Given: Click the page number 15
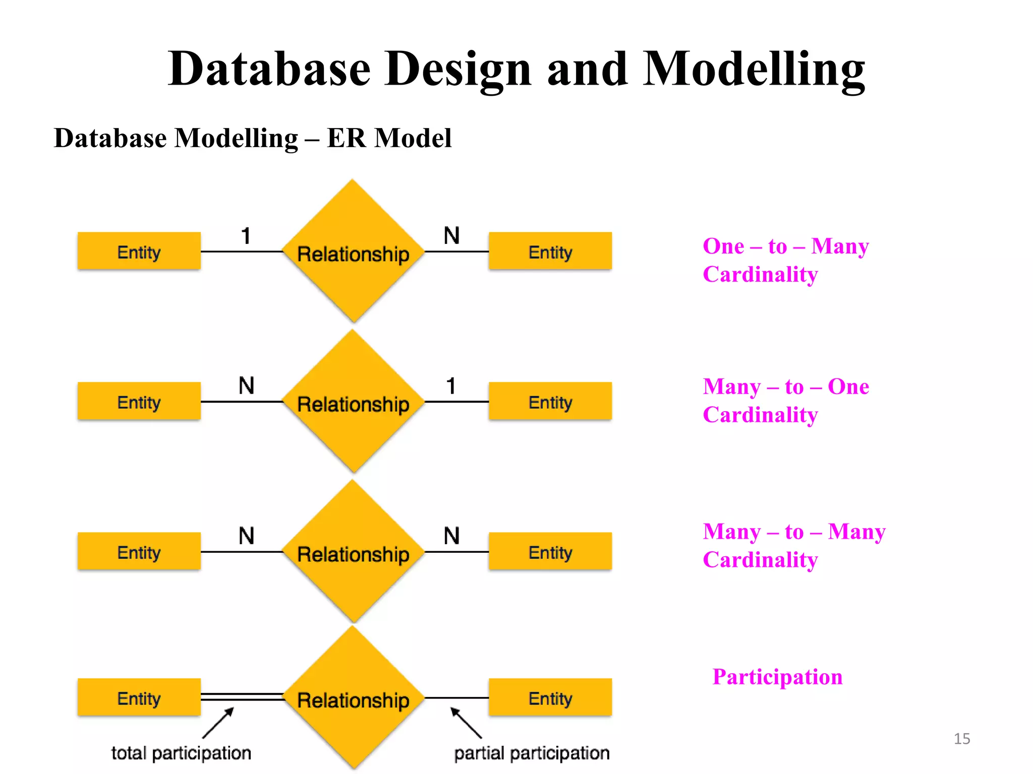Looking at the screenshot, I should [x=961, y=739].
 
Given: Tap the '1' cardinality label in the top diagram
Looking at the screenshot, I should [x=246, y=236].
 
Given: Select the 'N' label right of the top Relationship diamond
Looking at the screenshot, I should [x=451, y=236].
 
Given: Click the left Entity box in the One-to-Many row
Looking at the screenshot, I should [x=139, y=251].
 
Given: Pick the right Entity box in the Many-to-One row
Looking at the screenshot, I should [x=550, y=402].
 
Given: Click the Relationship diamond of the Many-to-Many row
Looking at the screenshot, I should [x=353, y=553].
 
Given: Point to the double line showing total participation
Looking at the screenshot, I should [x=242, y=697].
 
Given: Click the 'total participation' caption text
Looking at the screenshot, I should [x=181, y=753].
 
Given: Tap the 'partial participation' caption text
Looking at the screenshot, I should [x=532, y=753].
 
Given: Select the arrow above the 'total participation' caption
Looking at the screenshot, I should [x=218, y=723].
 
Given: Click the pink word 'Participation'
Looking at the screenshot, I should [x=777, y=677].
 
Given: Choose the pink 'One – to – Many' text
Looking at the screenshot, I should [x=785, y=246].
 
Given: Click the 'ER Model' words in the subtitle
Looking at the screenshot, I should [x=389, y=138].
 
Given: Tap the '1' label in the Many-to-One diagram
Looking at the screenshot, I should [x=451, y=386].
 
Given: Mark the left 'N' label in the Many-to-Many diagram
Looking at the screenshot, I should [x=246, y=536].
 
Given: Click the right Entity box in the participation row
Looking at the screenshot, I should [x=550, y=698].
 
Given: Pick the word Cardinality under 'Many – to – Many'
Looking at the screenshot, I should [x=760, y=560].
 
